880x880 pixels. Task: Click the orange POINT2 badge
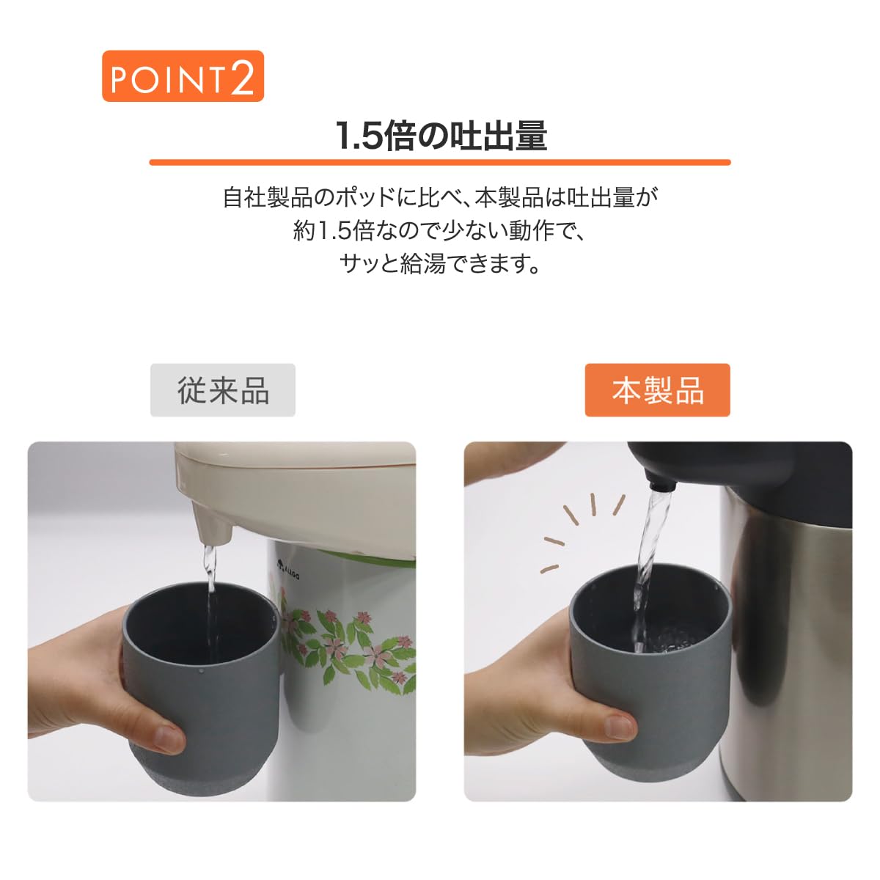183,76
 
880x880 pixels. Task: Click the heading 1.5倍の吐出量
441,136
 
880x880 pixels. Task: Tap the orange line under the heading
440,162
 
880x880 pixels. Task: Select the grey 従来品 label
223,390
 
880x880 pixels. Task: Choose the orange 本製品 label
658,390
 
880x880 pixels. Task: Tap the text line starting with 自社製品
440,197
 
